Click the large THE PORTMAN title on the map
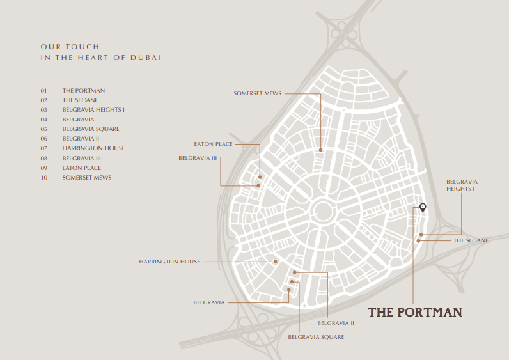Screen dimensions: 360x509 [x=414, y=312]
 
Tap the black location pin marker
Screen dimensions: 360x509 [x=422, y=207]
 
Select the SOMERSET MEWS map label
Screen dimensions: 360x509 [x=258, y=93]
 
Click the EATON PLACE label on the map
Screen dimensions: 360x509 [x=213, y=145]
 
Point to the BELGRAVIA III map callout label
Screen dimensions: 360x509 [x=198, y=157]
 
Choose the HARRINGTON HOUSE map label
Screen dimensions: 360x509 [x=169, y=262]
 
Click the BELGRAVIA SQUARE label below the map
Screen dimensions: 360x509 [x=316, y=336]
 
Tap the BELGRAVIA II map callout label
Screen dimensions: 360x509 [x=340, y=323]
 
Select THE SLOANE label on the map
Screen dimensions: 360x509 [x=471, y=240]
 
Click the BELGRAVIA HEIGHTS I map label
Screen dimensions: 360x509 [x=462, y=185]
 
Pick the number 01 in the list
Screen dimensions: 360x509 [x=44, y=91]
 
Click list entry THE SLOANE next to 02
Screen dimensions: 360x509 [x=80, y=100]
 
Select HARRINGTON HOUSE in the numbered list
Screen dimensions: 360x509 [x=93, y=148]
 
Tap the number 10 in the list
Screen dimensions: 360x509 [x=44, y=177]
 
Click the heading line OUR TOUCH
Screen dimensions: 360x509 [x=70, y=47]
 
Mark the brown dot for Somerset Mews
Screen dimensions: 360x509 [x=321, y=150]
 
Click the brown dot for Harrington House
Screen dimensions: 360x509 [x=276, y=262]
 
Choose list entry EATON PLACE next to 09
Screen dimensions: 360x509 [x=81, y=168]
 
